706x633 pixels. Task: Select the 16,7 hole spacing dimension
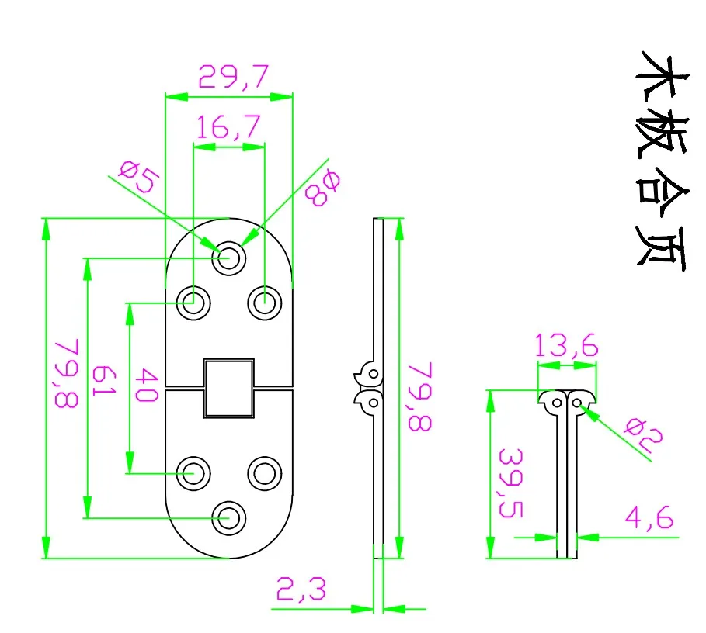228,127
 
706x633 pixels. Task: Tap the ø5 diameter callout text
141,178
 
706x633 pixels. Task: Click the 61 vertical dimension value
103,382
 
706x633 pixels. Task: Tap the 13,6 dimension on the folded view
567,346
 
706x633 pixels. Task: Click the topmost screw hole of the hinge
229,257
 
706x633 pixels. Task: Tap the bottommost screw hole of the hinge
229,517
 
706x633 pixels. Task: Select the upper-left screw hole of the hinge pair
193,301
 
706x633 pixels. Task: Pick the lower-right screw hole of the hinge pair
265,472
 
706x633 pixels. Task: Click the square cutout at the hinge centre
229,388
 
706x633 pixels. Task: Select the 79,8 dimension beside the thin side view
420,396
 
